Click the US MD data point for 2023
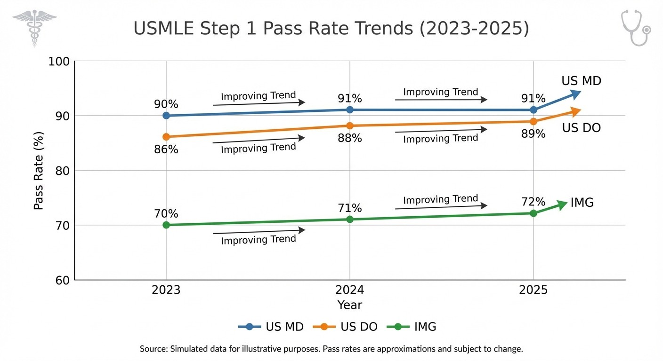tap(166, 116)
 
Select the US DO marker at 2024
tap(350, 126)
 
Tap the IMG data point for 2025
tap(533, 213)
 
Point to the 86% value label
tap(166, 149)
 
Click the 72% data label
tap(533, 202)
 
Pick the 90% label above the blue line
tap(166, 104)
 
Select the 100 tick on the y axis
tap(59, 62)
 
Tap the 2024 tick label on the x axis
tap(349, 290)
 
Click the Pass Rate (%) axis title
tap(39, 171)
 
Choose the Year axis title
tap(349, 305)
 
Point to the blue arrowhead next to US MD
tap(575, 94)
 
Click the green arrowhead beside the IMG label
tap(562, 205)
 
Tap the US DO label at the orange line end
tap(581, 128)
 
